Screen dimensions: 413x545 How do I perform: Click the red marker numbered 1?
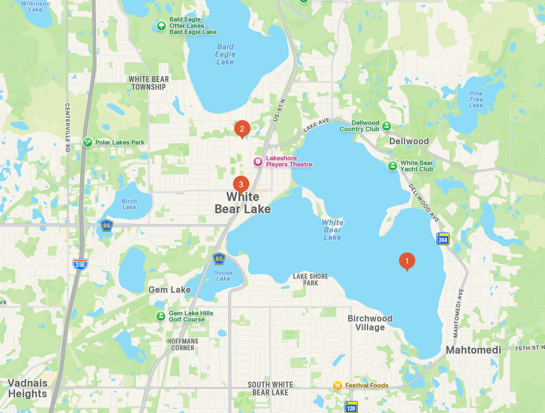pyautogui.click(x=407, y=261)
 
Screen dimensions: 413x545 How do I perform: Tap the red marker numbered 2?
pyautogui.click(x=242, y=128)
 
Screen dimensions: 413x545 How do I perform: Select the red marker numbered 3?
pyautogui.click(x=241, y=184)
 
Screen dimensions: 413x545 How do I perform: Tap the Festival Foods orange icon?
pyautogui.click(x=338, y=385)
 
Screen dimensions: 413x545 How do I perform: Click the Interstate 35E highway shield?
pyautogui.click(x=80, y=264)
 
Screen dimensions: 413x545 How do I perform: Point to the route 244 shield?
pyautogui.click(x=443, y=239)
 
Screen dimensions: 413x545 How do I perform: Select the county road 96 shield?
pyautogui.click(x=107, y=226)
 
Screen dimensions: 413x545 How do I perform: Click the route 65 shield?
pyautogui.click(x=219, y=259)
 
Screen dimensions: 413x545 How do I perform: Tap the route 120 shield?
pyautogui.click(x=351, y=407)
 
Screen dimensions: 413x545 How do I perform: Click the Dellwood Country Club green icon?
pyautogui.click(x=386, y=126)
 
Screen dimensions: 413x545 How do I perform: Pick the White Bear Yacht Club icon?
pyautogui.click(x=392, y=165)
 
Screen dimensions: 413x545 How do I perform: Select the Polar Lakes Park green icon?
pyautogui.click(x=88, y=142)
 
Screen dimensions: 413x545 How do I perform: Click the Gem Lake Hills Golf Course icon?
pyautogui.click(x=161, y=316)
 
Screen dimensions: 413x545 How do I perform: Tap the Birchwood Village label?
pyautogui.click(x=370, y=322)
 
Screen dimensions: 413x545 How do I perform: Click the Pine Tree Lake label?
pyautogui.click(x=476, y=99)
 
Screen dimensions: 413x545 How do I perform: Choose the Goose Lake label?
pyautogui.click(x=223, y=275)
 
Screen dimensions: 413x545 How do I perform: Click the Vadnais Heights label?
pyautogui.click(x=27, y=388)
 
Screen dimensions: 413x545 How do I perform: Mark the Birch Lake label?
pyautogui.click(x=129, y=204)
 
